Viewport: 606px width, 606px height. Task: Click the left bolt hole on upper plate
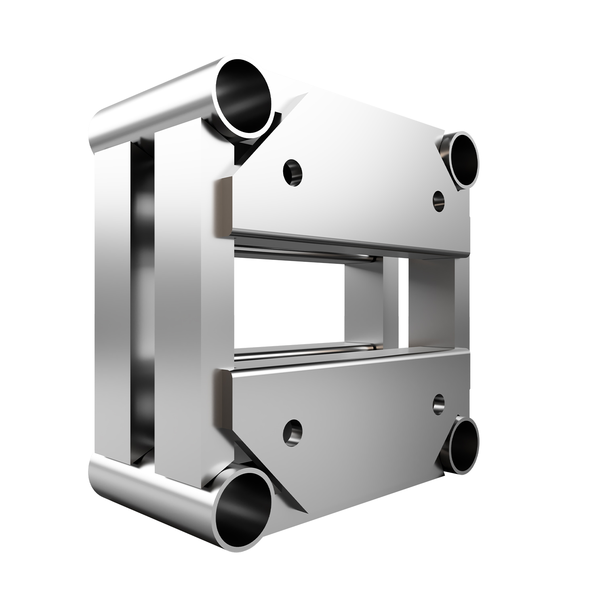click(x=293, y=173)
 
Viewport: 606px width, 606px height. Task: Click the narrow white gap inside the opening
click(x=403, y=303)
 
